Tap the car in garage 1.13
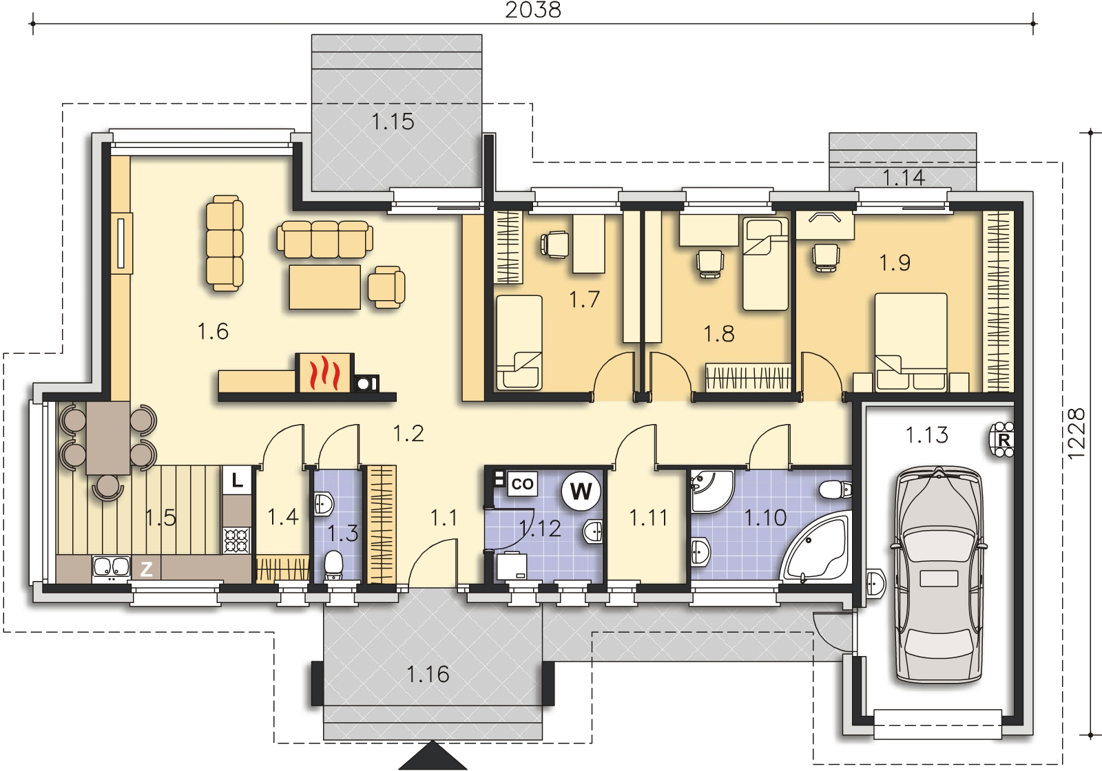point(939,575)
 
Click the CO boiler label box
point(522,484)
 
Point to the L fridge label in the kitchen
point(237,480)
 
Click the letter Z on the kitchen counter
point(146,569)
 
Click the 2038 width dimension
point(533,10)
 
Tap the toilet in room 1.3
point(333,566)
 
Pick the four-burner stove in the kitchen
point(237,540)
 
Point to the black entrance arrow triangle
point(433,755)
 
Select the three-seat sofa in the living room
point(324,239)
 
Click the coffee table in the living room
point(324,287)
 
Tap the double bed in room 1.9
point(911,342)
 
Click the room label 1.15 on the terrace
point(393,122)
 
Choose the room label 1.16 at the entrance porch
point(428,674)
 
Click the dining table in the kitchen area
point(107,438)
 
